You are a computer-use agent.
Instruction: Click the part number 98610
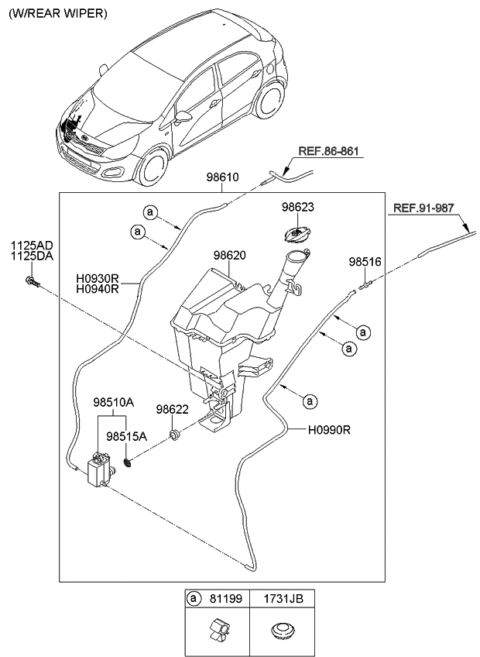[221, 177]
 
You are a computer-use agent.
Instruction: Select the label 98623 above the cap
[297, 208]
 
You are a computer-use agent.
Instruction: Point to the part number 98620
[229, 254]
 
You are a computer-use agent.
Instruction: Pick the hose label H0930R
[97, 278]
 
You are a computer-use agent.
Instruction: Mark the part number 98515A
[126, 436]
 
